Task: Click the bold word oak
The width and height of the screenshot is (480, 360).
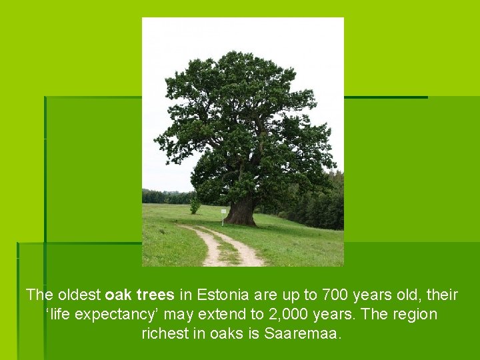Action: [117, 295]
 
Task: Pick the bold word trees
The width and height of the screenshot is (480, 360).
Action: [154, 295]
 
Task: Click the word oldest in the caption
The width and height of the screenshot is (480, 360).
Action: [79, 295]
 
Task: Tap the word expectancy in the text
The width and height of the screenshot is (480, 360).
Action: [117, 314]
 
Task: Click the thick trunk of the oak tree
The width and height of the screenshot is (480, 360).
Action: [241, 212]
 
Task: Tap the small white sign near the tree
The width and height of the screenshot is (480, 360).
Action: [223, 211]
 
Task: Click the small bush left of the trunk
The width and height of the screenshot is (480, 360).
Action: [195, 207]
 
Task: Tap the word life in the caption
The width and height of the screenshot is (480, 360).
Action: [61, 314]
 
